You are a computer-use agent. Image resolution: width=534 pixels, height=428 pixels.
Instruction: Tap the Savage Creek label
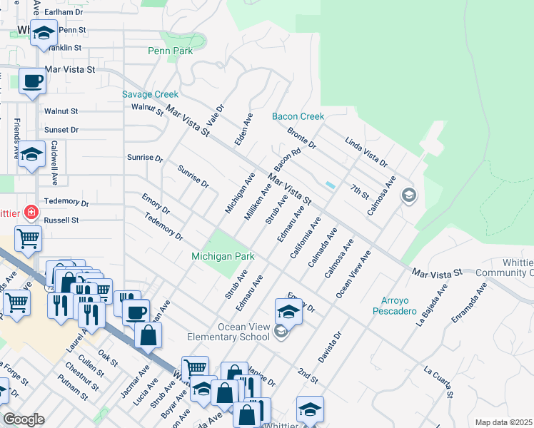[150, 94]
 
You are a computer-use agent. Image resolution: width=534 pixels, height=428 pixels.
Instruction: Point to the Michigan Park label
[223, 255]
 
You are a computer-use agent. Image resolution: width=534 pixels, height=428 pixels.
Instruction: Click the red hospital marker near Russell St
[30, 212]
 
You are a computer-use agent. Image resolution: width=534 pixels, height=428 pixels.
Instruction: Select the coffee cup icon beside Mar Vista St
[31, 81]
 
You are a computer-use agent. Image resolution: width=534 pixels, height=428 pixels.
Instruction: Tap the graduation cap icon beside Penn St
[44, 34]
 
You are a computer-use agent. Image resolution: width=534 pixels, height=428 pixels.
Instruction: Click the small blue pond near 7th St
[330, 185]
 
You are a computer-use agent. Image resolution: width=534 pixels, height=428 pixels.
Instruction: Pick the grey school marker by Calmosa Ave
[408, 195]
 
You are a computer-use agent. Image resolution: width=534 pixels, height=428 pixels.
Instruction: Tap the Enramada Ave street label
[468, 302]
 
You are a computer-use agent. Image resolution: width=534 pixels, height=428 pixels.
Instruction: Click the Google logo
[24, 419]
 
